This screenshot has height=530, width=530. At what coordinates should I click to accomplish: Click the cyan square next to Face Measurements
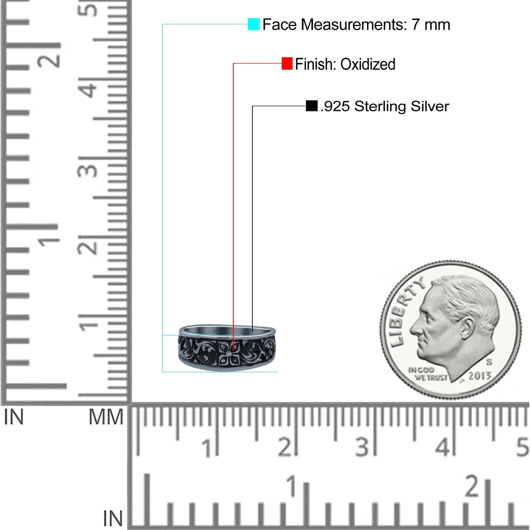coord(254,24)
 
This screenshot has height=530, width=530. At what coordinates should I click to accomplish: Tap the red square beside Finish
coord(287,64)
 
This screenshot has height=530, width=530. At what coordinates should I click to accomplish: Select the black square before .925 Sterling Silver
coord(312,106)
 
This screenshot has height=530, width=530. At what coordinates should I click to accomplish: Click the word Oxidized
coord(368,64)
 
